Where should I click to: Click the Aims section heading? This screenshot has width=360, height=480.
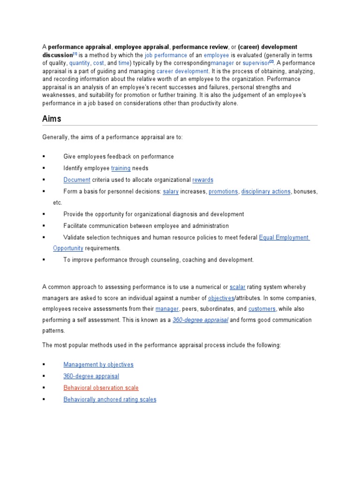pos(52,119)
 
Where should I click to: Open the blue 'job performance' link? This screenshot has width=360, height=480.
pos(159,55)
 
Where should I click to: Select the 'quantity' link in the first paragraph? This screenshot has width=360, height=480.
pos(80,63)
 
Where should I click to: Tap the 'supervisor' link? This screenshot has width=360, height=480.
pos(255,63)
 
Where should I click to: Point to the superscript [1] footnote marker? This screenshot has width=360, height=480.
pos(75,54)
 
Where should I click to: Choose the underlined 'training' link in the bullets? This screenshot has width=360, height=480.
pos(120,168)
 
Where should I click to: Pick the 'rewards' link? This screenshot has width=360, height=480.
pos(202,180)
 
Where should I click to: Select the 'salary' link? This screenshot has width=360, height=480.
pos(171,192)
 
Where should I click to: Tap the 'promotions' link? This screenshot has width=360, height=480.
pos(223,192)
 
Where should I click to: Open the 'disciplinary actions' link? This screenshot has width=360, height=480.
pos(266,192)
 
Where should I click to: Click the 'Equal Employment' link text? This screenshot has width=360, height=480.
pos(284,238)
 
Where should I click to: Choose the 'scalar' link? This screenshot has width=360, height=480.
pos(238,287)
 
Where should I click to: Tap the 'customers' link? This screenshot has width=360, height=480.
pos(262,309)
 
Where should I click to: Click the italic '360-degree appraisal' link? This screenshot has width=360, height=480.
pos(200,320)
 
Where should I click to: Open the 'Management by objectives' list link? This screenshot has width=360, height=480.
pos(98,365)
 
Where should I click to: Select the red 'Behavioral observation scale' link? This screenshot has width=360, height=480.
pos(101,388)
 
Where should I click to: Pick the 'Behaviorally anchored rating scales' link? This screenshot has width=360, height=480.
pos(110,400)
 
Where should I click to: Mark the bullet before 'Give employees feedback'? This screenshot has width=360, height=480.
pos(44,157)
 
